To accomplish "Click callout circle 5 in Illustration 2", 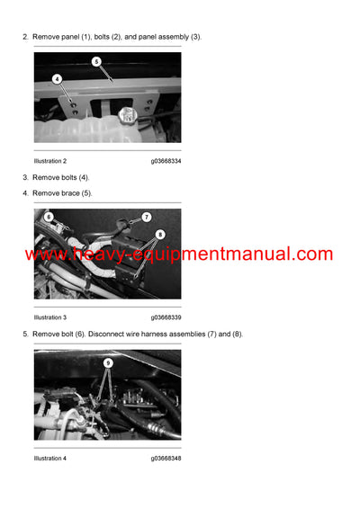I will (96, 62).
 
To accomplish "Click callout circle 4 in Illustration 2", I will (58, 79).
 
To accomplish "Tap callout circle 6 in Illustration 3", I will (49, 216).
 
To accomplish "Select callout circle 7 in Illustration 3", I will (147, 217).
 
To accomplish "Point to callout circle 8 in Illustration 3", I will (160, 234).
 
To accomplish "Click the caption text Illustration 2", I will (50, 161).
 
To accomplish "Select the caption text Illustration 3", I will (50, 317).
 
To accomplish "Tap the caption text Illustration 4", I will (50, 459).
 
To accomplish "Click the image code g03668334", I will (166, 161).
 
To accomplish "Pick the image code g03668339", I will (166, 317).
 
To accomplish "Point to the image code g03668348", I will (166, 459).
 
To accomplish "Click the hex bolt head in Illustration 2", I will (126, 116).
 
